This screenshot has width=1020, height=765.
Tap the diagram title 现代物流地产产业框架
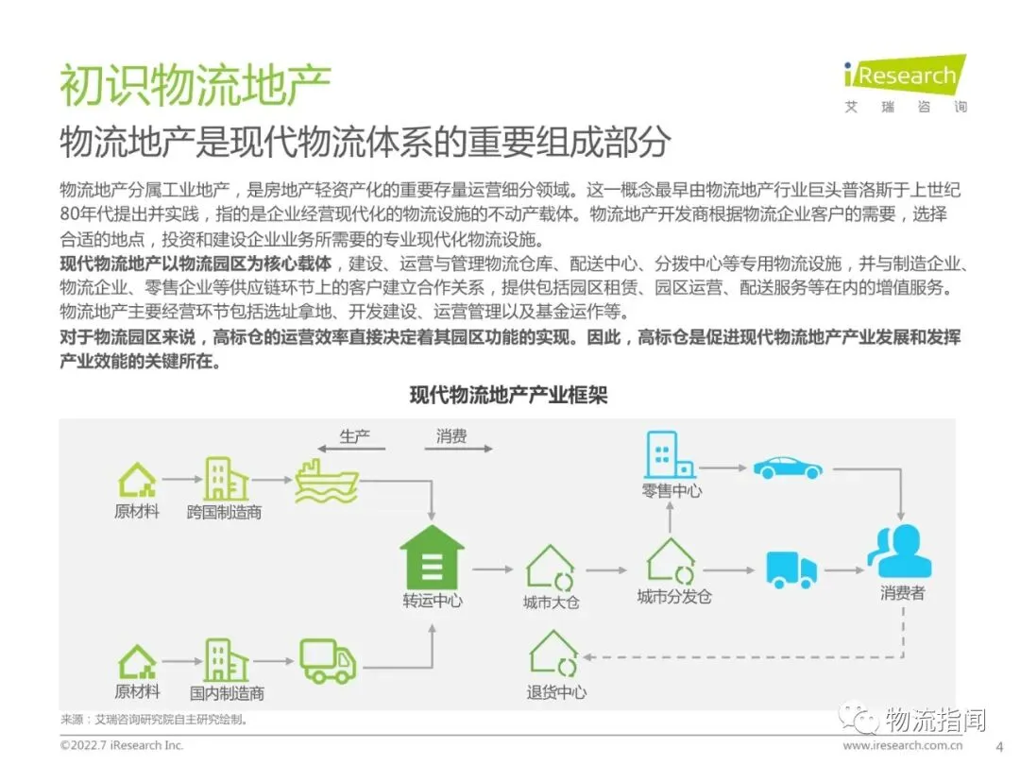tap(508, 395)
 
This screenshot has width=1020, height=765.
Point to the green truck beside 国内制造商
tap(327, 660)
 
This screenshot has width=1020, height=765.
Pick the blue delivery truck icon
tap(790, 569)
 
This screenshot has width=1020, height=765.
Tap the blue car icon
tap(787, 467)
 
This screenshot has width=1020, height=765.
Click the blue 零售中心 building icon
tap(669, 455)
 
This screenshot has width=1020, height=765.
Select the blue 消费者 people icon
tap(900, 552)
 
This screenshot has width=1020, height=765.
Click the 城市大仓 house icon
tap(551, 568)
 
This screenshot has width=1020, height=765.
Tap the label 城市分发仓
tap(673, 597)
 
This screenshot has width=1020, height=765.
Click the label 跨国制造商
tap(225, 512)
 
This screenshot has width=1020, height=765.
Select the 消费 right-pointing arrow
tap(457, 449)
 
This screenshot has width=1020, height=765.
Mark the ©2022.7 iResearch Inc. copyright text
tap(123, 745)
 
